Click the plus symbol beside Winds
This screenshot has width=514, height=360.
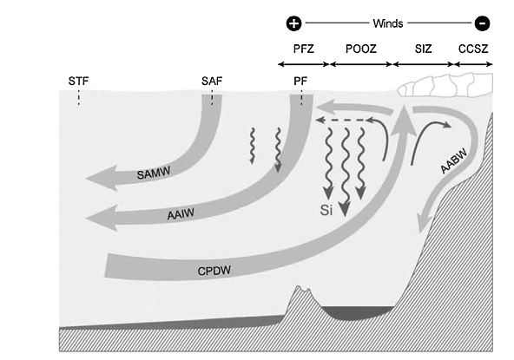(293, 23)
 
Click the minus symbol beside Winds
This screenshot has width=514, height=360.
(482, 23)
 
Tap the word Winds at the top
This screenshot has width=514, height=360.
(388, 23)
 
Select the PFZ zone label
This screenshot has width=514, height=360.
(304, 49)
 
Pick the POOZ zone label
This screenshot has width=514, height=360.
(361, 49)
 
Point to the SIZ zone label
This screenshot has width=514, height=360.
(423, 49)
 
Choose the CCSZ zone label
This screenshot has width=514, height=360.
(473, 49)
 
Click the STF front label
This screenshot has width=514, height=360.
(78, 81)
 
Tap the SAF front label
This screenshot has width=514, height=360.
(212, 81)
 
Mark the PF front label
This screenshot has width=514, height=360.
(300, 81)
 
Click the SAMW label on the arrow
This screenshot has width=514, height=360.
(154, 173)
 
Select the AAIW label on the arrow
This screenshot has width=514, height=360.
(181, 214)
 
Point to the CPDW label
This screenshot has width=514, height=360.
(214, 271)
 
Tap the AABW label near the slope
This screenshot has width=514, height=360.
(454, 162)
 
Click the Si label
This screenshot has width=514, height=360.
(326, 210)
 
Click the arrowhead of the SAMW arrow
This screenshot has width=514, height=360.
(102, 178)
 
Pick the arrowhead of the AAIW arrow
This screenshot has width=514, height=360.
(102, 218)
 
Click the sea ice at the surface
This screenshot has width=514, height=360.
(445, 86)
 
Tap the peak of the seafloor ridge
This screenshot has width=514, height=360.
(299, 286)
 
